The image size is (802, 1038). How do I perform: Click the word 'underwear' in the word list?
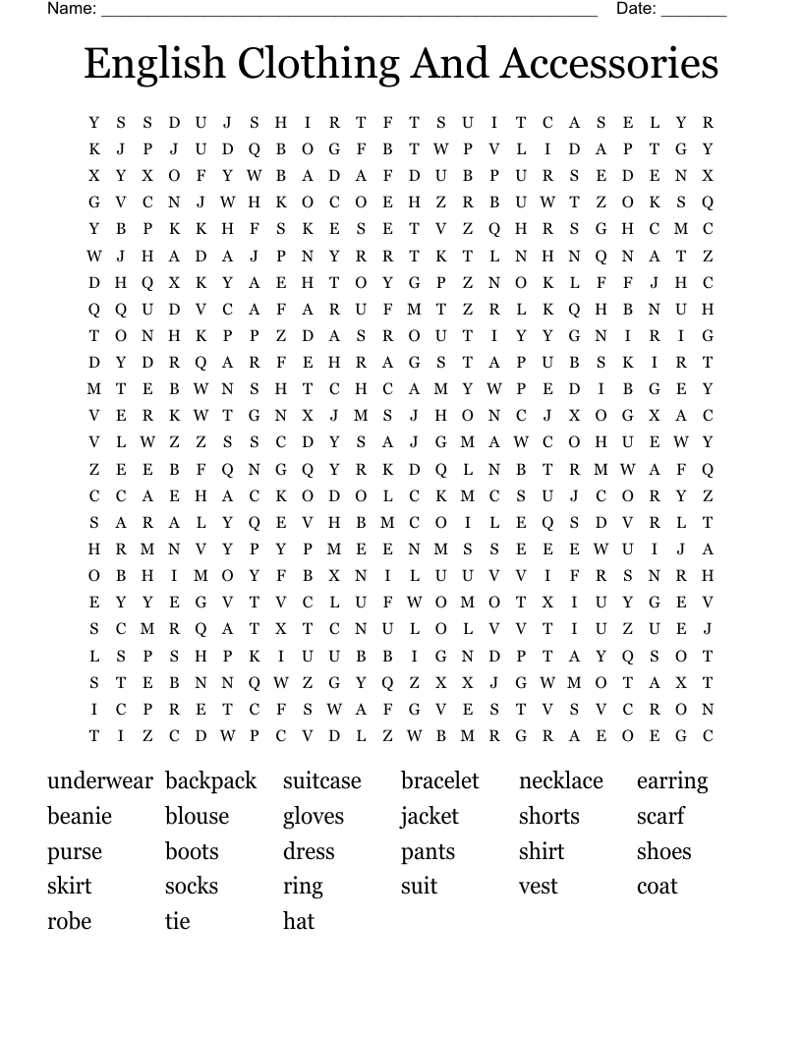click(99, 781)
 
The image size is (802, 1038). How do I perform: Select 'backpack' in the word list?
click(210, 781)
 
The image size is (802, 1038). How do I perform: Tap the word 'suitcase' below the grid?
click(322, 781)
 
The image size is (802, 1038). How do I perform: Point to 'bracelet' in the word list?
click(439, 781)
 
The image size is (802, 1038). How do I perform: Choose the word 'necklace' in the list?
click(560, 781)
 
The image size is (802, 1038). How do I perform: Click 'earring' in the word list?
click(671, 782)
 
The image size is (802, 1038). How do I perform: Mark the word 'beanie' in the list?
click(80, 817)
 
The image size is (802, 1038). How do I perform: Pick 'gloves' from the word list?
click(314, 817)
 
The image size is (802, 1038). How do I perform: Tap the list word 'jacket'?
click(430, 817)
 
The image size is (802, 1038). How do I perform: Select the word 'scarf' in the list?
click(660, 817)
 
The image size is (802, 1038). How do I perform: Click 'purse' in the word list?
click(75, 852)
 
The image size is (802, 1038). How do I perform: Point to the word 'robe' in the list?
click(69, 922)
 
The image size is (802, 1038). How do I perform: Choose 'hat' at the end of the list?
click(299, 922)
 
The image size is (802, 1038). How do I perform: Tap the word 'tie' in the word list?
click(177, 922)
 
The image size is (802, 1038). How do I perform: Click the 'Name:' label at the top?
click(72, 9)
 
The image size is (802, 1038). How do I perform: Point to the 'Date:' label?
click(636, 9)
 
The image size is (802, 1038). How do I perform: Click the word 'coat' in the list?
click(657, 887)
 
